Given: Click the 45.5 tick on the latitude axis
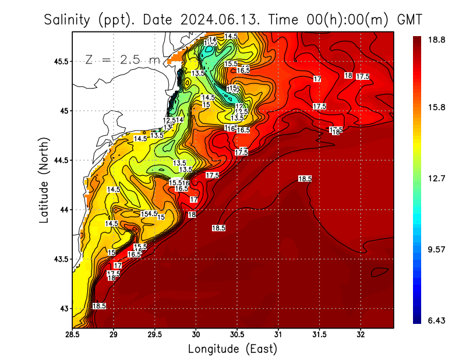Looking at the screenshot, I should click(61, 61).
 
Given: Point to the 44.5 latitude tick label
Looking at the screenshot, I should click(61, 160).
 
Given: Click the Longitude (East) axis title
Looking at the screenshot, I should click(232, 349).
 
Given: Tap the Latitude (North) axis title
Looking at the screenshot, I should click(44, 180).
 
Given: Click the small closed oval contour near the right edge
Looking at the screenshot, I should click(379, 271).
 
